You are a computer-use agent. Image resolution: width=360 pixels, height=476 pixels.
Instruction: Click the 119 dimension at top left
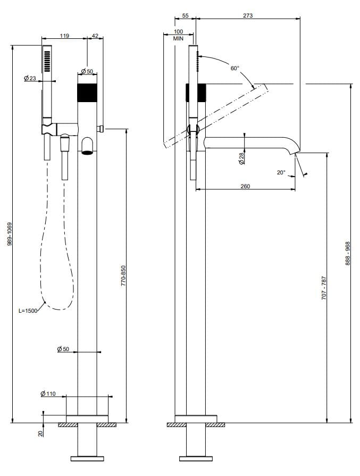(x=64, y=36)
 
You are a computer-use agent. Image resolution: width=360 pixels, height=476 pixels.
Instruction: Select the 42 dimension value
(x=95, y=36)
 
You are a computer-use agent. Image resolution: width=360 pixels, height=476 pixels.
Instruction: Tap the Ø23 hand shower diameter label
(x=30, y=79)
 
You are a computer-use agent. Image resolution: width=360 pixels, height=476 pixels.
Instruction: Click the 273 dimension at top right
(x=247, y=15)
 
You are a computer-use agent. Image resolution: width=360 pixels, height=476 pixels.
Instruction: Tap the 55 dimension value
(x=185, y=16)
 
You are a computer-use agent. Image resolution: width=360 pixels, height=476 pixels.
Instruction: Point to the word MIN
(x=178, y=39)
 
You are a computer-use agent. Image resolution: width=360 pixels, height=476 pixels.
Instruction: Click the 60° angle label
(x=235, y=68)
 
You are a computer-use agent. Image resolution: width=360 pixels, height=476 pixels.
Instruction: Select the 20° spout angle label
(x=281, y=172)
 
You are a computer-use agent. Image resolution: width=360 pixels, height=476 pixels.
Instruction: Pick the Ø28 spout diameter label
(x=242, y=158)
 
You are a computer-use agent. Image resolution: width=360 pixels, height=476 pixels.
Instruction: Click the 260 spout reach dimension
(x=245, y=186)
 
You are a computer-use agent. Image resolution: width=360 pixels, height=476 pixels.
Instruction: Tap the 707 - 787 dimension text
(x=324, y=288)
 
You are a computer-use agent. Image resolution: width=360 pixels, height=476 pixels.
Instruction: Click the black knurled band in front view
(x=88, y=93)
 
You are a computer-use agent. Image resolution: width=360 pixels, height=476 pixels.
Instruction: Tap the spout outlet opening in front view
(x=88, y=152)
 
